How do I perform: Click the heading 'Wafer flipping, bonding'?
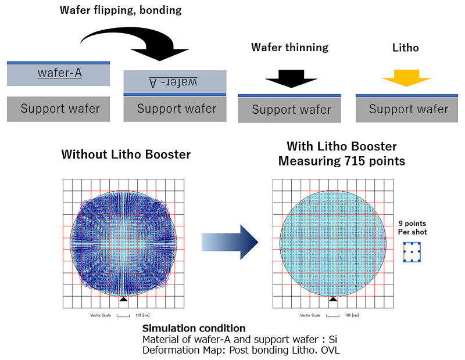point(121,10)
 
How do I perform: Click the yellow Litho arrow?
point(407,75)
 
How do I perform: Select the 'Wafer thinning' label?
point(289,47)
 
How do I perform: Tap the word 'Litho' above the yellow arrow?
point(406,47)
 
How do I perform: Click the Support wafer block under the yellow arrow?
point(408,109)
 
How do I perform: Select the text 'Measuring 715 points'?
point(341,161)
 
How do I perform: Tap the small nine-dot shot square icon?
point(412,253)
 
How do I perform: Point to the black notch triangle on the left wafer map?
point(123,299)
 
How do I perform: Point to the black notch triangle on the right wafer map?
point(332,299)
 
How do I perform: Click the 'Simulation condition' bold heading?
point(194,329)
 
